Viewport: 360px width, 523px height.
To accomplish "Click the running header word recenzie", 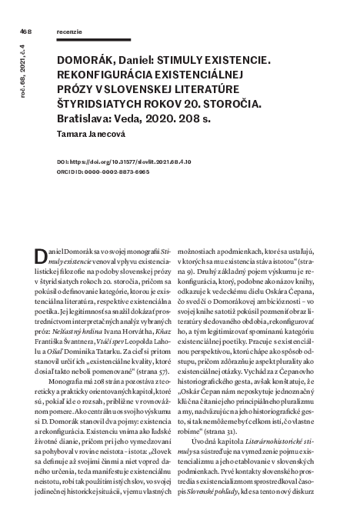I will coord(70,31).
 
